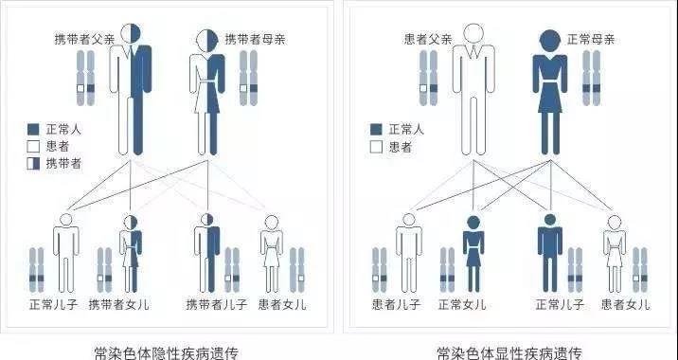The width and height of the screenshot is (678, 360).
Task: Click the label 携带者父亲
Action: [x=85, y=40]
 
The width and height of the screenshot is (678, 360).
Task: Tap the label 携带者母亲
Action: [x=255, y=40]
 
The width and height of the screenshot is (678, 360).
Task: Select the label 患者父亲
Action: [x=428, y=40]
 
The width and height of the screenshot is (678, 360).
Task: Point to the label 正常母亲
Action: [x=591, y=40]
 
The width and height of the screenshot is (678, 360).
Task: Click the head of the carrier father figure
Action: [x=131, y=33]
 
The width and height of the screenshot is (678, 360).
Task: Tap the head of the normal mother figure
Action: [x=550, y=41]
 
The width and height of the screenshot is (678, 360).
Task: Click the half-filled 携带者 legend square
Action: [x=33, y=164]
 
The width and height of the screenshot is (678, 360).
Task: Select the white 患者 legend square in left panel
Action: [x=33, y=146]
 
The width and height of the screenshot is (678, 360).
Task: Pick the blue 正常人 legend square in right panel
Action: [x=376, y=129]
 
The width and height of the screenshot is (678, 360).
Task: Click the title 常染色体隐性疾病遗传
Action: [x=167, y=352]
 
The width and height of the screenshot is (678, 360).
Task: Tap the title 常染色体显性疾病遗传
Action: [x=509, y=352]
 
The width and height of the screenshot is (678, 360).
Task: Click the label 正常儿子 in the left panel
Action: [x=53, y=304]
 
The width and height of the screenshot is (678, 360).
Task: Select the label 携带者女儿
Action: [x=119, y=304]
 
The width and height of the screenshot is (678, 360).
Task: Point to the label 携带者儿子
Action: [x=217, y=304]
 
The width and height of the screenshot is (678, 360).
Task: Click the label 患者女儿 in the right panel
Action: [x=625, y=304]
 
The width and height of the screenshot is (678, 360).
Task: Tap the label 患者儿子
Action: [x=396, y=304]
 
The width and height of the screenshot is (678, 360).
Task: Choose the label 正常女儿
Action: [x=462, y=304]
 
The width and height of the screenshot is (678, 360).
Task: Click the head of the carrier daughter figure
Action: [x=131, y=223]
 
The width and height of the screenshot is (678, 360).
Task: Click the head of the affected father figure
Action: [x=473, y=33]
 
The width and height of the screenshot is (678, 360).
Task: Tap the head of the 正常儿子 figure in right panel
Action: [x=550, y=220]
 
